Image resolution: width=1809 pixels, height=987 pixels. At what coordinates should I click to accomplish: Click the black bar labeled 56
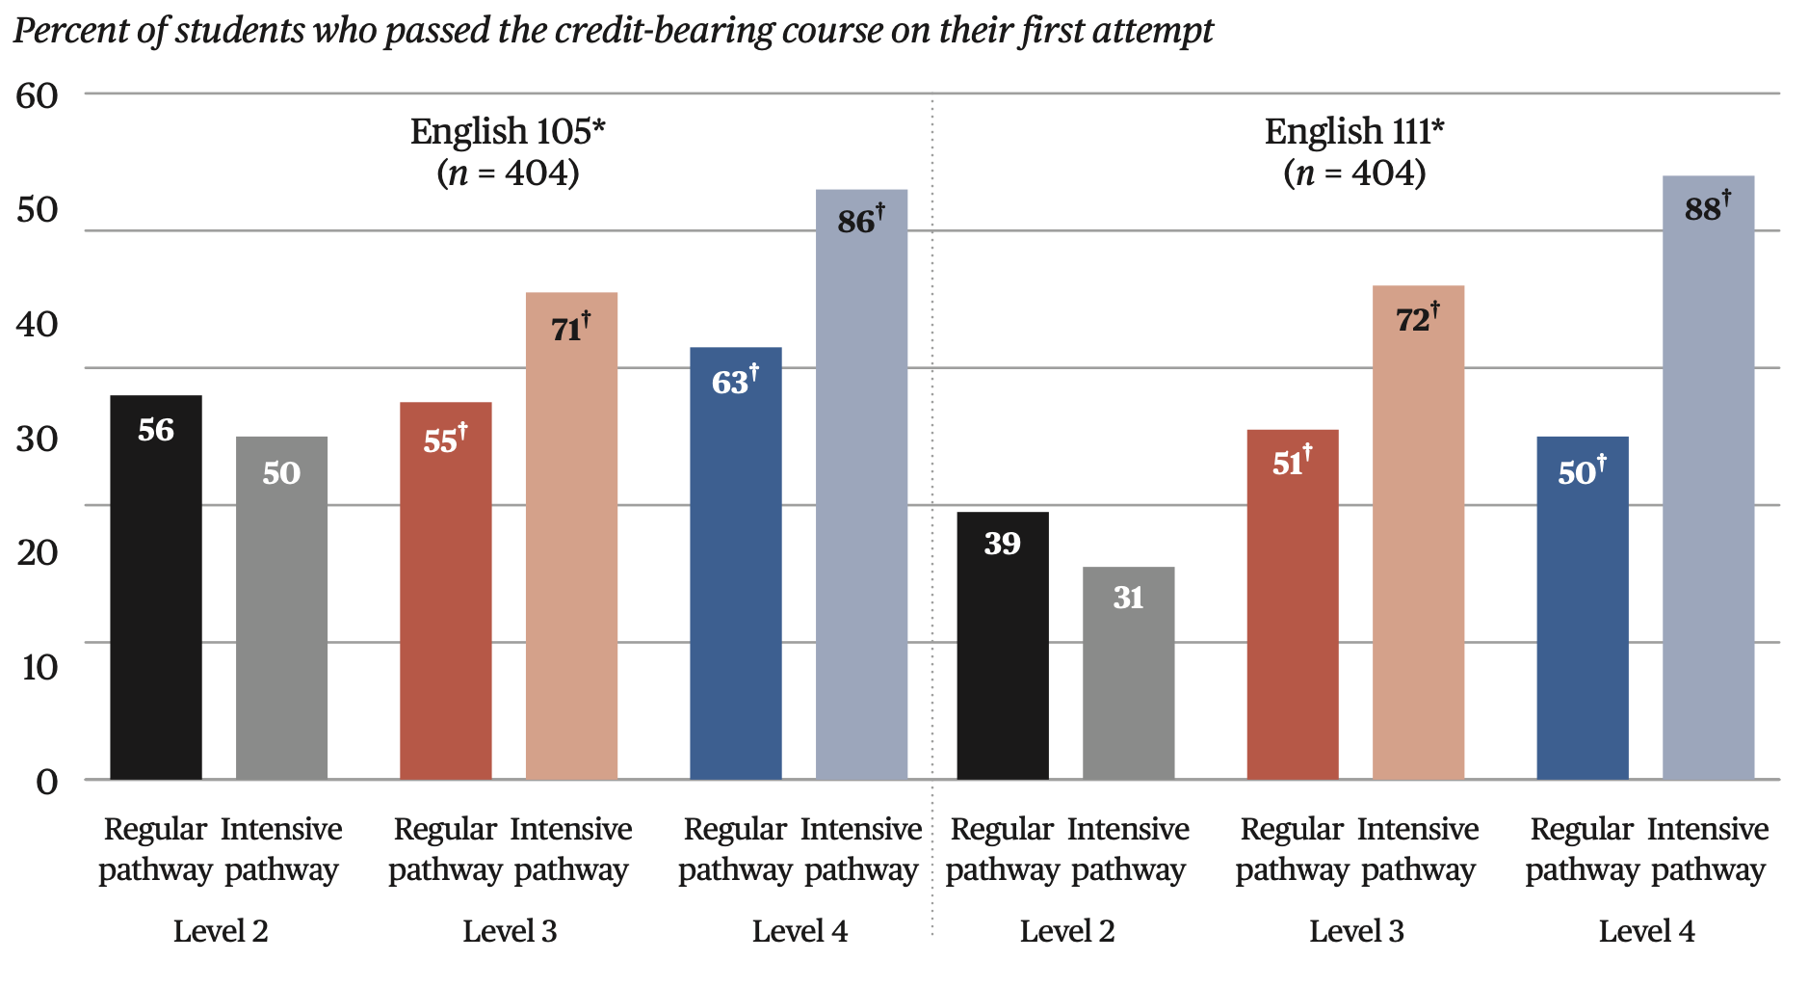click(x=156, y=588)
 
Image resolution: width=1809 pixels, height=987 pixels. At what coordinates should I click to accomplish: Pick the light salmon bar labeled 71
click(x=571, y=536)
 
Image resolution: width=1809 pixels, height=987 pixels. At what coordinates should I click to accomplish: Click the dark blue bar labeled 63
click(x=736, y=564)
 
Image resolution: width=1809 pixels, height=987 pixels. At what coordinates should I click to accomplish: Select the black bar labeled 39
click(x=1003, y=646)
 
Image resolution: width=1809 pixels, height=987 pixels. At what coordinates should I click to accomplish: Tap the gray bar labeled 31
click(x=1128, y=674)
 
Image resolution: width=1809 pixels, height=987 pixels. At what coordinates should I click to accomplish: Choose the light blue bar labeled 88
click(x=1708, y=478)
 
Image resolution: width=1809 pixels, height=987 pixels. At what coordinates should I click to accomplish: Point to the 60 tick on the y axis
click(x=37, y=95)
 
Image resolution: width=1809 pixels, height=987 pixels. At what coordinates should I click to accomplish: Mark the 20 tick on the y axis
click(x=37, y=552)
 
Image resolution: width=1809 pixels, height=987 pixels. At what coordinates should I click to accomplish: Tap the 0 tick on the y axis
click(x=45, y=782)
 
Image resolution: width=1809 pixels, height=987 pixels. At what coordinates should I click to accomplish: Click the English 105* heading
click(x=508, y=131)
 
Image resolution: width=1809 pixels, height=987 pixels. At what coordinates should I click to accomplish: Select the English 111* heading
click(x=1354, y=131)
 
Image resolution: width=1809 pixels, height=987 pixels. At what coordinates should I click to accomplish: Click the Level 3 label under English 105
click(x=510, y=931)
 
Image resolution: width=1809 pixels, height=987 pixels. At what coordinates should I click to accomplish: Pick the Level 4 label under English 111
click(x=1646, y=931)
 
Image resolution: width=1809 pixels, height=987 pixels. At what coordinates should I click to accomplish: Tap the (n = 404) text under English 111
click(x=1354, y=173)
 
